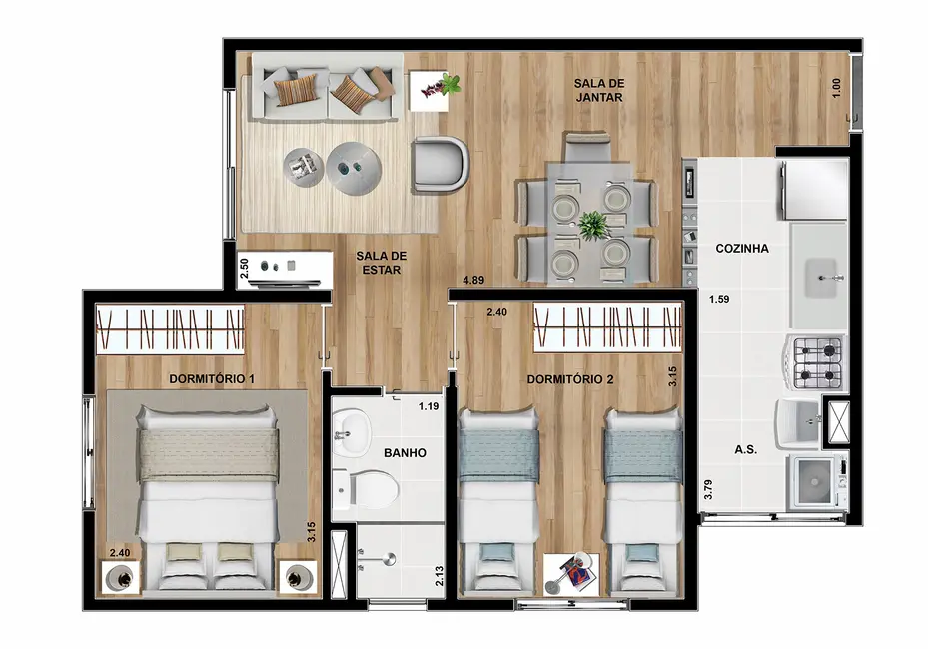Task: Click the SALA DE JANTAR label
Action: click(598, 90)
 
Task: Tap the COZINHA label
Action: click(741, 249)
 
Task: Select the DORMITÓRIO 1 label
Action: click(212, 379)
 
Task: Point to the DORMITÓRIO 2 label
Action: click(570, 379)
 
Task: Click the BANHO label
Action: click(405, 453)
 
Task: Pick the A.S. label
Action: click(745, 450)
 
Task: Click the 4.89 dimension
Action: click(472, 281)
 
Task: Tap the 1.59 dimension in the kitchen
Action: click(719, 298)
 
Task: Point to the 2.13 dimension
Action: click(440, 576)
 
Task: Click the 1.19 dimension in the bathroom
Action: click(429, 406)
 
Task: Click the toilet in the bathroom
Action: click(370, 488)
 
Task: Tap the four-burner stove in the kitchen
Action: click(817, 362)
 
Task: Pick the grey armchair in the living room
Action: click(440, 163)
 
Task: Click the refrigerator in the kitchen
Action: click(814, 190)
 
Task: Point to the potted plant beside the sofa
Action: click(437, 86)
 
